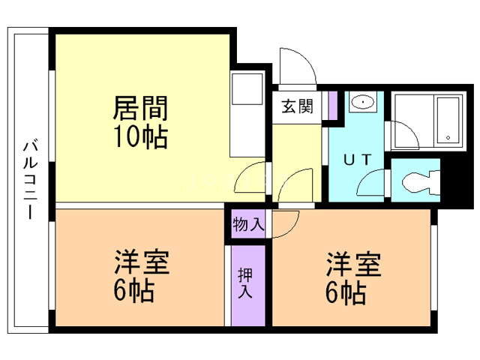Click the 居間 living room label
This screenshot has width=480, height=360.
(139, 109)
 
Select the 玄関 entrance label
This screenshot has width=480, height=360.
(297, 107)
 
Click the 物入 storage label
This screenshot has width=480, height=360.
(248, 223)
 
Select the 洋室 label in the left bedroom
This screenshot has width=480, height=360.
(141, 262)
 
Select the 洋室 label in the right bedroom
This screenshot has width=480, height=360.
(352, 265)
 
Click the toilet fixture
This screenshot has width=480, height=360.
(416, 182)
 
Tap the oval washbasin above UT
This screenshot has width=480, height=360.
(364, 102)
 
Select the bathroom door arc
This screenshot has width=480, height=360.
(403, 137)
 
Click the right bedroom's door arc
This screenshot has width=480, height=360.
(284, 223)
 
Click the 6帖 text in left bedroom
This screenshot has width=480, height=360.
(135, 290)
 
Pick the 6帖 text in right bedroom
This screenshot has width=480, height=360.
(346, 292)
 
